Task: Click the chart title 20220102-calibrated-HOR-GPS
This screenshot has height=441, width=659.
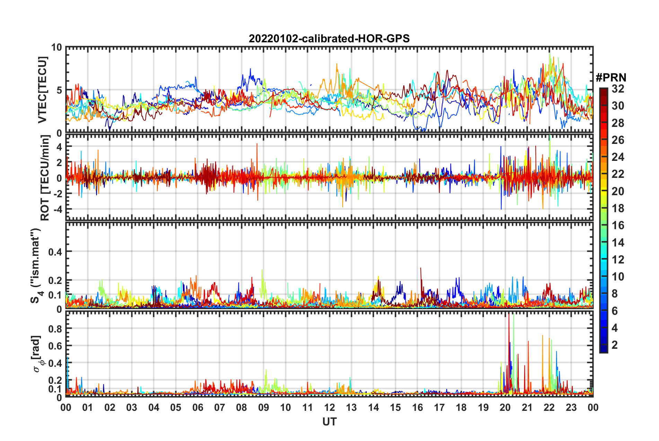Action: click(x=329, y=38)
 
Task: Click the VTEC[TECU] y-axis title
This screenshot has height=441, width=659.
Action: click(x=42, y=90)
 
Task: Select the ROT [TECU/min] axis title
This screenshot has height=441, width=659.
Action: click(x=45, y=178)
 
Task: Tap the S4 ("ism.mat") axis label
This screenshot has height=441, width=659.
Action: click(x=36, y=265)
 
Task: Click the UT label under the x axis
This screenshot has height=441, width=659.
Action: click(x=329, y=422)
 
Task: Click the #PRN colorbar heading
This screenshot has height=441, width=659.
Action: click(x=611, y=78)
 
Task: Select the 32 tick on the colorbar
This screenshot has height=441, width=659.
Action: click(x=618, y=89)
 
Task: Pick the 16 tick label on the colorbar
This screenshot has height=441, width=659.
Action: click(x=618, y=225)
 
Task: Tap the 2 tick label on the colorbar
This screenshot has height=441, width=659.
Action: click(x=615, y=345)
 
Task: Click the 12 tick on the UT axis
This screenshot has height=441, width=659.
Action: click(x=329, y=407)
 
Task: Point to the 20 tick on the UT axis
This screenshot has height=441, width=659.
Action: click(x=505, y=407)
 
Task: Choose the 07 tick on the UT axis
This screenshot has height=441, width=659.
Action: click(x=219, y=407)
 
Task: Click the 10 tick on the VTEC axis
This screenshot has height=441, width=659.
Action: click(x=56, y=47)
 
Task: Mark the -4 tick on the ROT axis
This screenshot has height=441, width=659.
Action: click(x=56, y=209)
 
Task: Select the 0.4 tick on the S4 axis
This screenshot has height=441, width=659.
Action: click(x=55, y=252)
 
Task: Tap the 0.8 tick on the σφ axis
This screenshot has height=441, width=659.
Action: click(x=55, y=328)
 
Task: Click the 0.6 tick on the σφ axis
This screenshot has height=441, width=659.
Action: click(x=55, y=346)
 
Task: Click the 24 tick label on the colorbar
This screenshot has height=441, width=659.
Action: click(x=618, y=157)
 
